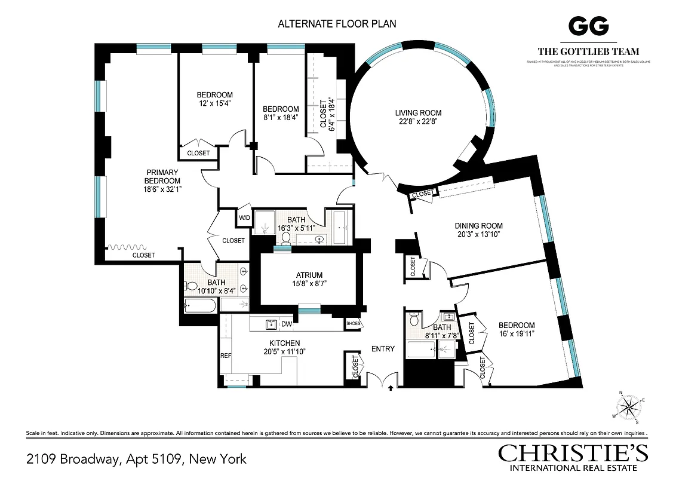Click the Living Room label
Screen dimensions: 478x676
[418, 113]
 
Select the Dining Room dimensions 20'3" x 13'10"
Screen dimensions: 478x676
[478, 235]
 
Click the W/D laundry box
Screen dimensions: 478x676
[244, 217]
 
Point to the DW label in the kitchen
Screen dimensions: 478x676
[287, 324]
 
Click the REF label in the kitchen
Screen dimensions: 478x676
[225, 355]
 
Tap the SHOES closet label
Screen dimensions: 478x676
[353, 324]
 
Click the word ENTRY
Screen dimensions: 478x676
[383, 348]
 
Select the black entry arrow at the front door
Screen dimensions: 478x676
[391, 388]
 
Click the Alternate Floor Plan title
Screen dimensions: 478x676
[337, 24]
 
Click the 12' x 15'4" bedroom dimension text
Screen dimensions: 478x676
[214, 103]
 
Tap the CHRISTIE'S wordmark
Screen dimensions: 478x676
[573, 454]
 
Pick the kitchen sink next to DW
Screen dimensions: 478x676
[271, 324]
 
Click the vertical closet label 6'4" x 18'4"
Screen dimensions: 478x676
[327, 114]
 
